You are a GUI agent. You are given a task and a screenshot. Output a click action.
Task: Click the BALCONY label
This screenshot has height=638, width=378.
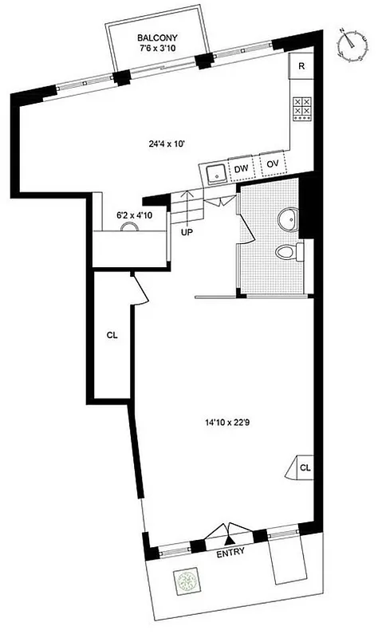(x=156, y=37)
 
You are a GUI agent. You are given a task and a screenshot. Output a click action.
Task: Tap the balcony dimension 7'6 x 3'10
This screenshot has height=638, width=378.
(x=156, y=49)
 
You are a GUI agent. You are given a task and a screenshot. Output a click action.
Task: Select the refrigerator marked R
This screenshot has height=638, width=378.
(x=301, y=66)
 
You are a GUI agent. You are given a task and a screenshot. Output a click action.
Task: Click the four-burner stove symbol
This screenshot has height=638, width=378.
(x=301, y=108)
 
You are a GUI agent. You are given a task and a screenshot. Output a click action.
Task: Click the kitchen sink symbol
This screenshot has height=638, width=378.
(x=214, y=171)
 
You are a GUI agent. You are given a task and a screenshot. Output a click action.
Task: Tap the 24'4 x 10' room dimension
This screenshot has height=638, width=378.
(x=160, y=144)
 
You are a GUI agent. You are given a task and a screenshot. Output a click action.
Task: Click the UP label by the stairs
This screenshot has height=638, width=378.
(x=187, y=233)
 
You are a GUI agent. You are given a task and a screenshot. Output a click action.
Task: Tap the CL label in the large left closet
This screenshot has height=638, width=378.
(x=112, y=336)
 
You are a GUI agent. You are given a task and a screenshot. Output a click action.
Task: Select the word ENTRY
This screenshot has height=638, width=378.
(x=230, y=551)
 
